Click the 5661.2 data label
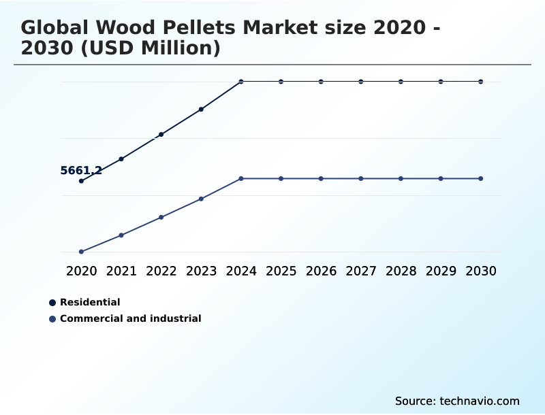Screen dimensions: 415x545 pyautogui.click(x=81, y=171)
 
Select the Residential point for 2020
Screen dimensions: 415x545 pyautogui.click(x=81, y=181)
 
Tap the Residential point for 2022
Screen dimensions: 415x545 pyautogui.click(x=161, y=135)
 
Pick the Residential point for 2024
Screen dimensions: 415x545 pyautogui.click(x=241, y=82)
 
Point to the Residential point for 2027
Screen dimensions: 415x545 pyautogui.click(x=361, y=82)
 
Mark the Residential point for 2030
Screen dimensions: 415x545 pyautogui.click(x=481, y=82)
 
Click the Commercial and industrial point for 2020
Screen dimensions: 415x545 pyautogui.click(x=81, y=252)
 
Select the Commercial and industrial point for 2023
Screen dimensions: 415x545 pyautogui.click(x=201, y=199)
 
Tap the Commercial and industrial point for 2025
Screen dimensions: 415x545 pyautogui.click(x=281, y=178)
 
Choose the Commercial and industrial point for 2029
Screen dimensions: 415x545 pyautogui.click(x=441, y=178)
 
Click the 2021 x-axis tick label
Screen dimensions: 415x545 pyautogui.click(x=121, y=271)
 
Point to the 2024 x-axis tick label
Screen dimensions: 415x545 pyautogui.click(x=241, y=271)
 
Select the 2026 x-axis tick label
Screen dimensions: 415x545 pyautogui.click(x=321, y=271)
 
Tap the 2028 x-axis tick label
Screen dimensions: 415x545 pyautogui.click(x=401, y=271)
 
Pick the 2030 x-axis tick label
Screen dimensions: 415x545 pyautogui.click(x=481, y=271)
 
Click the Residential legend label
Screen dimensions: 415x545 pyautogui.click(x=90, y=302)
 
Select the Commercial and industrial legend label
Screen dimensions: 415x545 pyautogui.click(x=130, y=318)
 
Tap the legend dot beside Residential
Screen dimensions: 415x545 pyautogui.click(x=52, y=302)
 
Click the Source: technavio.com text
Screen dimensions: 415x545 pyautogui.click(x=457, y=401)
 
